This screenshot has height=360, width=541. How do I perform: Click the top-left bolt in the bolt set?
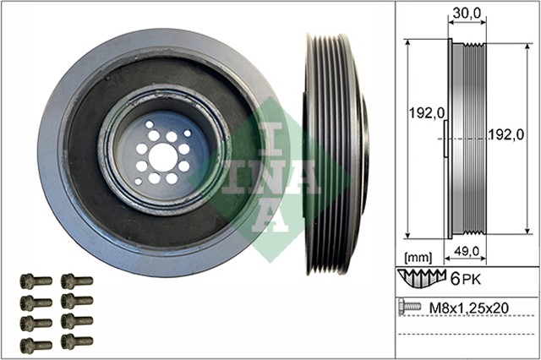[36, 281]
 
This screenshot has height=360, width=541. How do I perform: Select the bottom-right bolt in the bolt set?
[76, 343]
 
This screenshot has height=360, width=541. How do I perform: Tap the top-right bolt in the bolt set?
[76, 281]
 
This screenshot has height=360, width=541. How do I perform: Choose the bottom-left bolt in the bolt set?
[36, 343]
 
